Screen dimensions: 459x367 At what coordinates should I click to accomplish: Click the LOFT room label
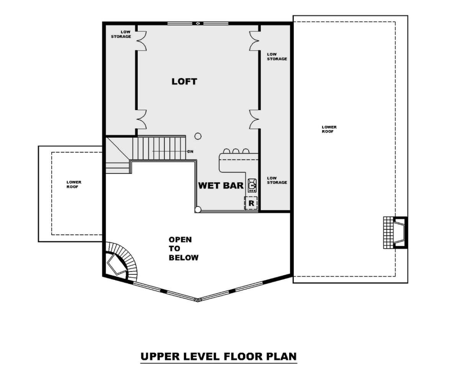184,81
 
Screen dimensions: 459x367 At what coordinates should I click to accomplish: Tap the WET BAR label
221,185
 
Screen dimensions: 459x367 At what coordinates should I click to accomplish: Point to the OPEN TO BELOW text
184,248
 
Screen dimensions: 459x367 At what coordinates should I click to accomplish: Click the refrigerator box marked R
251,203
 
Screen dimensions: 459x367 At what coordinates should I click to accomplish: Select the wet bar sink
252,185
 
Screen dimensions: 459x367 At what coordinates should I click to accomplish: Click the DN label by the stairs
190,152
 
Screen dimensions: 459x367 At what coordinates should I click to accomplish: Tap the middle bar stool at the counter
236,151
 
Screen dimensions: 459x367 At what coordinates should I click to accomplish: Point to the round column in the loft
198,136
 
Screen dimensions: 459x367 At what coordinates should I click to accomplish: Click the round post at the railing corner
198,209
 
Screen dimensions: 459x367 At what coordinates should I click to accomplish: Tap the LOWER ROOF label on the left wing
74,185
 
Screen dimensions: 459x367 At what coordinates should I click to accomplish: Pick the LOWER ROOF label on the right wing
329,129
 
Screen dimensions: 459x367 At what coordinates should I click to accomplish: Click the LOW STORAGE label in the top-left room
121,34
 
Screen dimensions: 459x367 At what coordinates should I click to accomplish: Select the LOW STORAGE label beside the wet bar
277,180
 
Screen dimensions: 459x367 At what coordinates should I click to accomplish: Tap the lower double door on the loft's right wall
255,119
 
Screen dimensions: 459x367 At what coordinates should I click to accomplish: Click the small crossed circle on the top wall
198,23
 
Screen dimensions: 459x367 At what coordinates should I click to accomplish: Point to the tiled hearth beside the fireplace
388,233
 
